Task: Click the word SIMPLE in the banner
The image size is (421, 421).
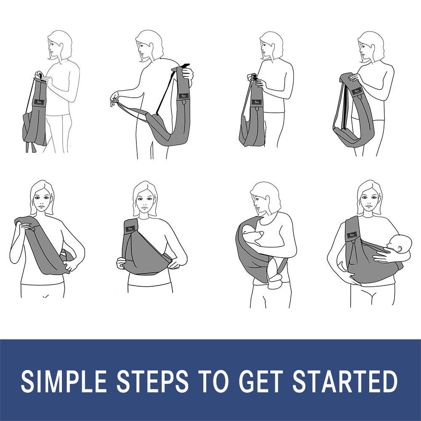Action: (64, 381)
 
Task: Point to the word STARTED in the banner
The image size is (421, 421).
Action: (345, 381)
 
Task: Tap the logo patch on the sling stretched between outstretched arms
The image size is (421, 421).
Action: (184, 96)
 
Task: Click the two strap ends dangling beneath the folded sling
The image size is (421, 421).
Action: (31, 147)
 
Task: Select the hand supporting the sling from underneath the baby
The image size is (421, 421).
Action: (353, 278)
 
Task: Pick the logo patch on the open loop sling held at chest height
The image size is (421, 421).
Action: (357, 91)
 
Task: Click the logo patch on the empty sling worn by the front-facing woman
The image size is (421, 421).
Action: (130, 229)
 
